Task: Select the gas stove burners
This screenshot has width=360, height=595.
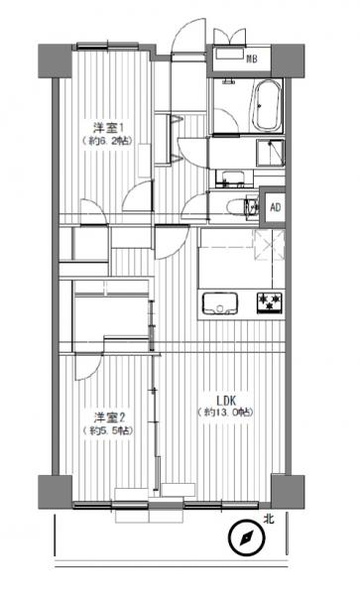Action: [269, 300]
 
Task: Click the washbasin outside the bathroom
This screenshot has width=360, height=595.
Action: [232, 178]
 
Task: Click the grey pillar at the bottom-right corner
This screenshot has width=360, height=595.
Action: [288, 490]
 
